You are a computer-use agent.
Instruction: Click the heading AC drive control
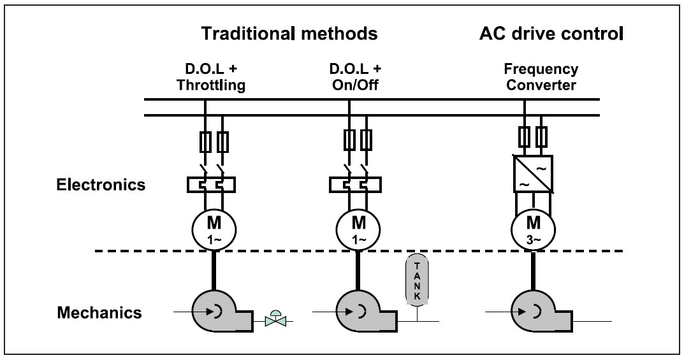[x=551, y=34]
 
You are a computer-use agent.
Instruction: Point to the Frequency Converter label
[x=532, y=78]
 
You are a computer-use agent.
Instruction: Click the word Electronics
[x=100, y=185]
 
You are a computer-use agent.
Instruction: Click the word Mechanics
[x=99, y=313]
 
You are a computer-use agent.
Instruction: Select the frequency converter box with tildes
[x=532, y=174]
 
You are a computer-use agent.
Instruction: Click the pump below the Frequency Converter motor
[x=535, y=313]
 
